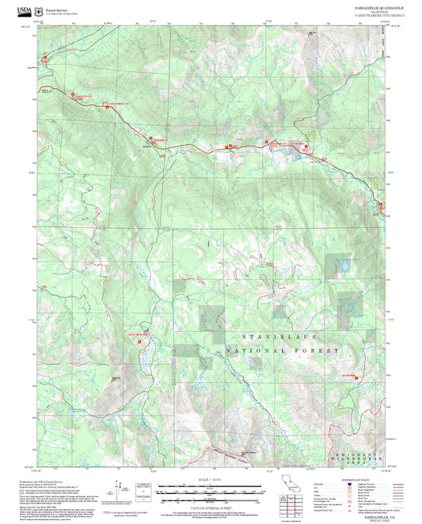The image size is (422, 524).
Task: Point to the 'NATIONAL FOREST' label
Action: coord(282,350)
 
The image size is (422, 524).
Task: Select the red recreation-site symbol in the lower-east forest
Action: coord(356,378)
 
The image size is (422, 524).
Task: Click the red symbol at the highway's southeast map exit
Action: coord(382,207)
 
